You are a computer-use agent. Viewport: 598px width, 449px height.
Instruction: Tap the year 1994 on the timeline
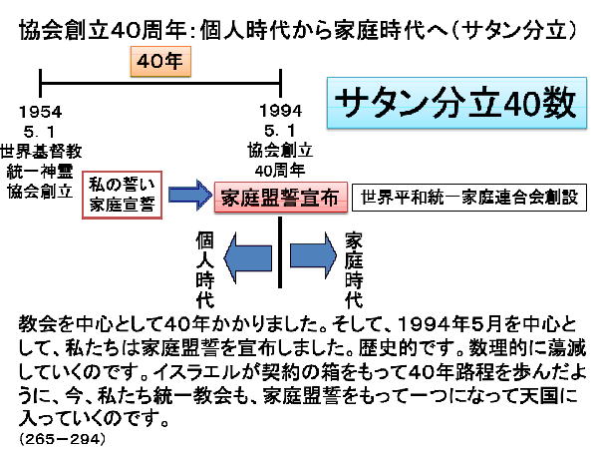[280, 109]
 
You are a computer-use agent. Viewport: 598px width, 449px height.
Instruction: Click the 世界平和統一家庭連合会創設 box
[470, 196]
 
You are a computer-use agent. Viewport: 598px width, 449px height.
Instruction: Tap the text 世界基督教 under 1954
[42, 151]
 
